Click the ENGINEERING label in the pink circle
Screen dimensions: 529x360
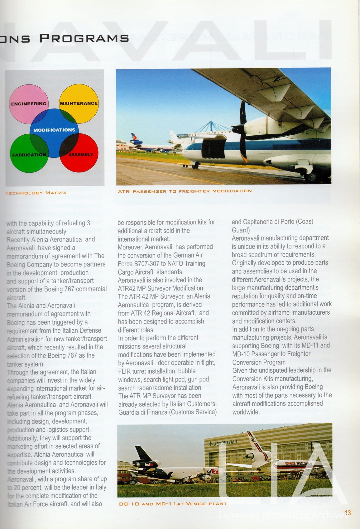pyautogui.click(x=29, y=104)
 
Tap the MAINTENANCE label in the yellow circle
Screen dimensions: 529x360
pyautogui.click(x=79, y=103)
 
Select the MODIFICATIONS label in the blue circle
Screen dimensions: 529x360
pyautogui.click(x=54, y=130)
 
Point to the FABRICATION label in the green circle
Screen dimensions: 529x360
pyautogui.click(x=29, y=155)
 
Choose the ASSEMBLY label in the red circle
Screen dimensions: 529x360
pyautogui.click(x=81, y=155)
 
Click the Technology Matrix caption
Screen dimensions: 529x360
pyautogui.click(x=36, y=193)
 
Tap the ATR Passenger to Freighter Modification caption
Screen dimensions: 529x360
pyautogui.click(x=185, y=191)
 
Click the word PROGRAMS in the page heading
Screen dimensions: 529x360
pyautogui.click(x=84, y=38)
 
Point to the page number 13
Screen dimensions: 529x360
pyautogui.click(x=348, y=513)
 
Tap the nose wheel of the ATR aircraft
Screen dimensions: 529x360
pyautogui.click(x=195, y=166)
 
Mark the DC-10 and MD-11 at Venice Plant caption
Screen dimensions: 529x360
pyautogui.click(x=172, y=504)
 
